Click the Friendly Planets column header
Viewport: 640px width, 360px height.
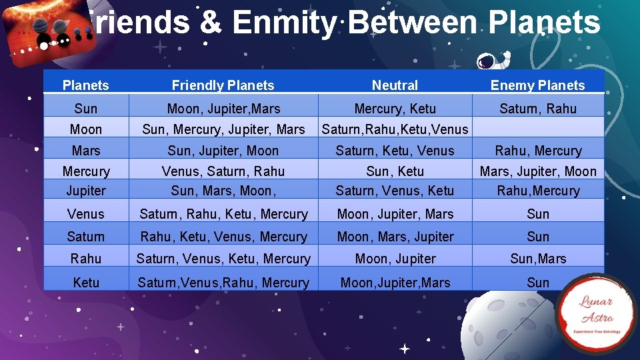tap(223, 85)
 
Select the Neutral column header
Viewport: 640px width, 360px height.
tap(395, 85)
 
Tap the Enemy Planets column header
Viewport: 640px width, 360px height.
tap(537, 85)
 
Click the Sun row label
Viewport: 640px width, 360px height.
tap(86, 109)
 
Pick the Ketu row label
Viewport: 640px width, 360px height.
tap(86, 283)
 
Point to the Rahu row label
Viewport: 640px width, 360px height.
tap(86, 259)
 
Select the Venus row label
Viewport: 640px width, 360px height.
tap(86, 214)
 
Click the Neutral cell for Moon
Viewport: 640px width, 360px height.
tap(395, 129)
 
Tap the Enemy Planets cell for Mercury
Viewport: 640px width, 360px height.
tap(537, 171)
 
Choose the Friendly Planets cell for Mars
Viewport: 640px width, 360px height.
tap(223, 151)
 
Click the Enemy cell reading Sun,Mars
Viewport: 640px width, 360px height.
tap(537, 259)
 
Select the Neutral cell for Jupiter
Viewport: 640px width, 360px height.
tap(395, 191)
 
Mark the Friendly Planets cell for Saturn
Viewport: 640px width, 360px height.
tap(223, 237)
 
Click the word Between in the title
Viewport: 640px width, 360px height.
tap(412, 23)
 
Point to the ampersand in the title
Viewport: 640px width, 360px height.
tap(210, 23)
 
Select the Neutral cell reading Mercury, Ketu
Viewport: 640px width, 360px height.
tap(395, 109)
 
